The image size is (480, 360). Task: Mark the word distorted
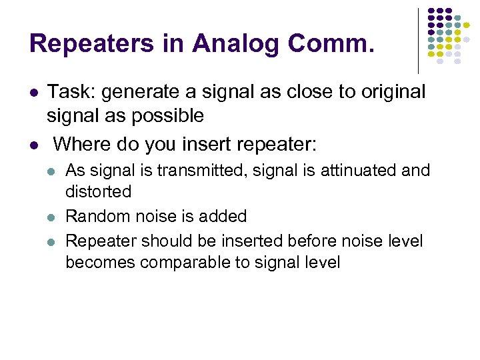[98, 192]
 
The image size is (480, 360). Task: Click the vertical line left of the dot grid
[418, 41]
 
